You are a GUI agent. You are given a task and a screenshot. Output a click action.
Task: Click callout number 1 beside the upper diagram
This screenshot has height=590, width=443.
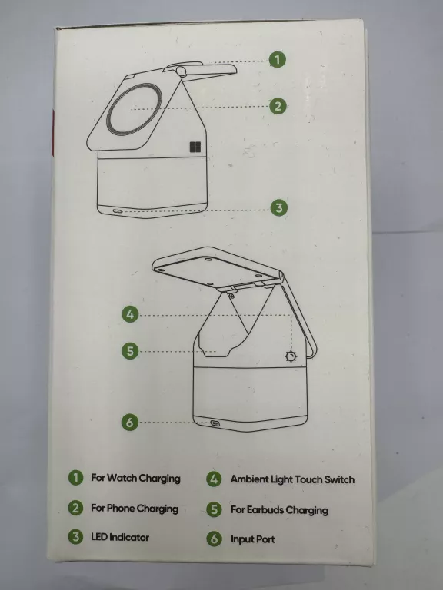[x=277, y=59]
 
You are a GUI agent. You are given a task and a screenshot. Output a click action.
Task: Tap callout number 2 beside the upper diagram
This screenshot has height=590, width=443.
[x=278, y=106]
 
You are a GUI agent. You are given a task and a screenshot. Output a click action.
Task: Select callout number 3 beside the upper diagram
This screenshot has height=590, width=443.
[x=278, y=207]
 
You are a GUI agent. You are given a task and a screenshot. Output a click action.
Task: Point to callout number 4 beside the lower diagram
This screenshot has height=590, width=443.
[x=130, y=314]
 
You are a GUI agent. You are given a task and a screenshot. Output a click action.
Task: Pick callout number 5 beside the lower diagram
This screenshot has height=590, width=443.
[x=130, y=351]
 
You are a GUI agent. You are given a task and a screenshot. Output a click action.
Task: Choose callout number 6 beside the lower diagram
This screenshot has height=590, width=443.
[x=130, y=422]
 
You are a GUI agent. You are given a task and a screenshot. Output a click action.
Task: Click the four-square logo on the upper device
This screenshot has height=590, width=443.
[x=195, y=147]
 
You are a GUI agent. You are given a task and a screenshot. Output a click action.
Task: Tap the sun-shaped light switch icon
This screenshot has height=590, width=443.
[x=291, y=356]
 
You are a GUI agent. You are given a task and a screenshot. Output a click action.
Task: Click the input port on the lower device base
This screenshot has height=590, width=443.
[x=215, y=423]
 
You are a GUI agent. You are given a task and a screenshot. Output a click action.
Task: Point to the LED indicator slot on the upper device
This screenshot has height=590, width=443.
[x=117, y=210]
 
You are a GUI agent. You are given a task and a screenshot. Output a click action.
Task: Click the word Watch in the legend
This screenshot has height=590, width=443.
[x=122, y=478]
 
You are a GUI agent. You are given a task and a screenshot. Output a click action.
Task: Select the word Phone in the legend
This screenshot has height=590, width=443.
[x=121, y=508]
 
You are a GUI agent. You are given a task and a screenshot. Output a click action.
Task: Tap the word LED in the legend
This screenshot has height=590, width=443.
[x=99, y=537]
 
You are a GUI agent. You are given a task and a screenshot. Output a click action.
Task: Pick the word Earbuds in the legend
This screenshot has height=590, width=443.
[x=265, y=509]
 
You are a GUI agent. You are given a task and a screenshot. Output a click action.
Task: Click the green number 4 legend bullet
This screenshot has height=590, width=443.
[x=214, y=479]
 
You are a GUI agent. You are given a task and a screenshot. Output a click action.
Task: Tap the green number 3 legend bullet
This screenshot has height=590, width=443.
[x=75, y=536]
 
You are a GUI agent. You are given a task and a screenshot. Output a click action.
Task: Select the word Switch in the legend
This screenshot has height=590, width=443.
[x=339, y=479]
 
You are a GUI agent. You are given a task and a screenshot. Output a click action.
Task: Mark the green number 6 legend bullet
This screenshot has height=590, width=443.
[x=214, y=539]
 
